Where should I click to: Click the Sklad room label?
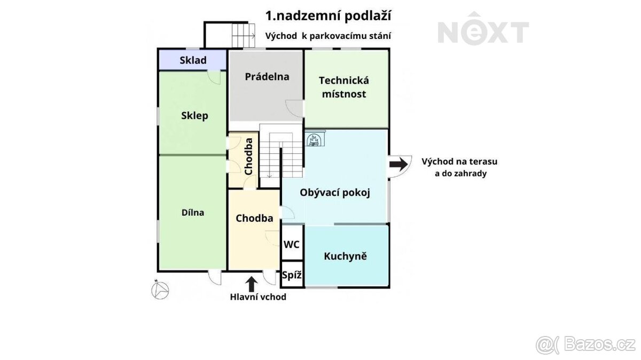pos(193,60)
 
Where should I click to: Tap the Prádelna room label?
pos(267,76)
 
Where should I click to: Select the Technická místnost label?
pos(344,87)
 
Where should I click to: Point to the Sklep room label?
pos(194,115)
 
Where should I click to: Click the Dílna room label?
pos(193,212)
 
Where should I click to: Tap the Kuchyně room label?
pos(345,256)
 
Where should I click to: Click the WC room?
pos(291,245)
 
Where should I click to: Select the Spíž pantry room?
pos(292,276)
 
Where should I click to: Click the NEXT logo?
pos(483,33)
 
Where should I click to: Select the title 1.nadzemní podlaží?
pos(328,15)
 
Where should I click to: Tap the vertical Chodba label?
pos(248,156)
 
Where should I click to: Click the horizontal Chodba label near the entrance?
pos(254,218)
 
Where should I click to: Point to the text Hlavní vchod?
pos(258,297)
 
